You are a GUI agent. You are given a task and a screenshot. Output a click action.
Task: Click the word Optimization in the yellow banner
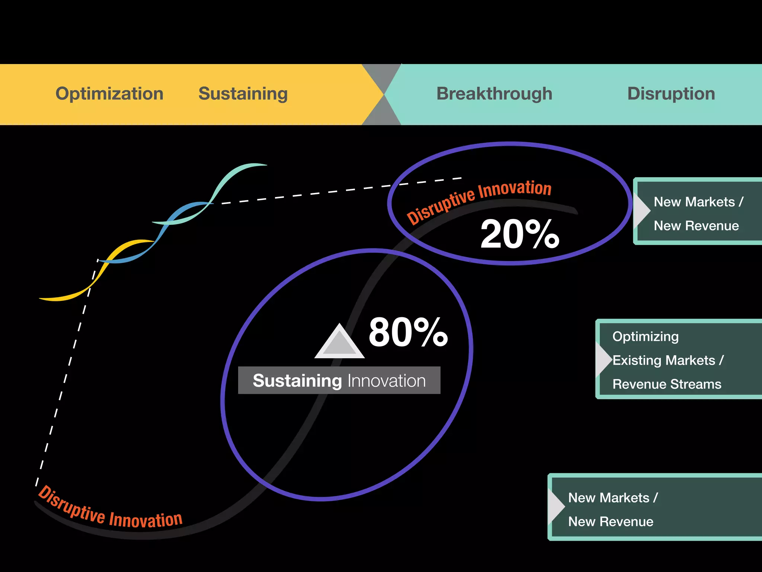(x=109, y=93)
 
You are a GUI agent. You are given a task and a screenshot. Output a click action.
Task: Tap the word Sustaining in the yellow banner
(x=243, y=93)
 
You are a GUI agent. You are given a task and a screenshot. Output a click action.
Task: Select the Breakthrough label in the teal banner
(x=494, y=93)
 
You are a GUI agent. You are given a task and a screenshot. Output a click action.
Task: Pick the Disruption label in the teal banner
(x=671, y=93)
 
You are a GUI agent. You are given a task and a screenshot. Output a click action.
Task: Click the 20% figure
(x=520, y=234)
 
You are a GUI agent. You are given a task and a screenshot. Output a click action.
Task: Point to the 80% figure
(x=408, y=332)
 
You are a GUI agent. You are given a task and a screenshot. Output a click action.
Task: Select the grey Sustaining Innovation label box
(x=339, y=380)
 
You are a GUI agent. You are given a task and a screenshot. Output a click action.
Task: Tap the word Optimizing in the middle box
(x=646, y=336)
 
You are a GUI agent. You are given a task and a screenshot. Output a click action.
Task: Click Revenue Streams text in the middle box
(x=667, y=384)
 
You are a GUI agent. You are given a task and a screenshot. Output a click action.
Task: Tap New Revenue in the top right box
(x=696, y=226)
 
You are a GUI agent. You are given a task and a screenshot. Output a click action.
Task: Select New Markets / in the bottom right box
(x=613, y=498)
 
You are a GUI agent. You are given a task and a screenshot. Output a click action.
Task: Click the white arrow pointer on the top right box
(x=643, y=211)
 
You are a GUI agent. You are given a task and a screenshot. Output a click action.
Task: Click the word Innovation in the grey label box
(x=386, y=381)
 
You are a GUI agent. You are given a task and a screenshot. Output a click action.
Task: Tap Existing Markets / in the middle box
(x=668, y=360)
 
